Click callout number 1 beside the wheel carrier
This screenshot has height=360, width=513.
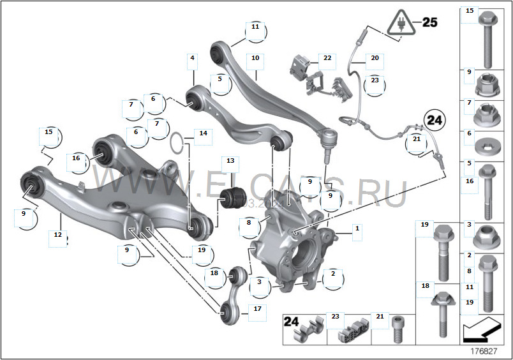tap(357, 228)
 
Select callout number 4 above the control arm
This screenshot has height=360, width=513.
tap(191, 58)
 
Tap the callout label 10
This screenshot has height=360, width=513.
tap(255, 58)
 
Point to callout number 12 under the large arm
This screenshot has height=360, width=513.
tap(58, 234)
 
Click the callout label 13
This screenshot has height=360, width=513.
tap(230, 161)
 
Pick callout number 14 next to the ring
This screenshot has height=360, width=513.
tap(203, 133)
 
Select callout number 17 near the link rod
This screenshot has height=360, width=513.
tap(257, 308)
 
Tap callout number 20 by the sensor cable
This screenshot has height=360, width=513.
tap(375, 58)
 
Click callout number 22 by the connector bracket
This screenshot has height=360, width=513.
tap(327, 58)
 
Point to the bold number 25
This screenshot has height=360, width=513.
tap(429, 23)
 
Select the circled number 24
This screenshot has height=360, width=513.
tap(434, 119)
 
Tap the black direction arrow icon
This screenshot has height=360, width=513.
tap(481, 330)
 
